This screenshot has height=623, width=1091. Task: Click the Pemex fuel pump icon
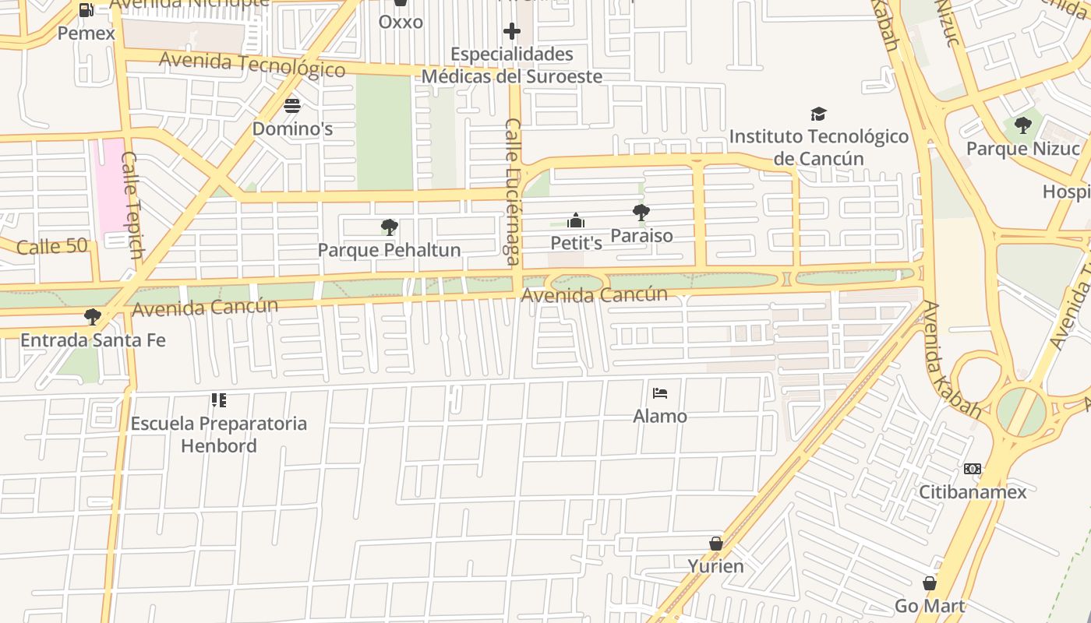87,10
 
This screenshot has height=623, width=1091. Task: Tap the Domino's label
292,128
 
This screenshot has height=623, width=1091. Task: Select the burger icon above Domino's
292,105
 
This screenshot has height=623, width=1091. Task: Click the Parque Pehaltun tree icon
389,227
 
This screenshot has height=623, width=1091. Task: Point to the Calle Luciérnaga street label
513,192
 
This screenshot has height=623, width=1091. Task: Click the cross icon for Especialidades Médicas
511,31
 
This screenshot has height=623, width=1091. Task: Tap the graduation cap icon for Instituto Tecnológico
817,114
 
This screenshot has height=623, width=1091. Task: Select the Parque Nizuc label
1022,149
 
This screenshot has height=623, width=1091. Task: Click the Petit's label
576,243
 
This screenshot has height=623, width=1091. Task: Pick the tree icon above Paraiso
641,212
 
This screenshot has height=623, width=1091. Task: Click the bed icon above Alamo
660,392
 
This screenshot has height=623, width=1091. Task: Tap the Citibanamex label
972,492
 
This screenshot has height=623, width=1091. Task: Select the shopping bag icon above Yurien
715,544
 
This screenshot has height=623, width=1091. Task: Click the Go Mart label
929,606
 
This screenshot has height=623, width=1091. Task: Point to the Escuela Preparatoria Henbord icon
218,400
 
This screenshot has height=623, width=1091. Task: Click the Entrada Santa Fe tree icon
92,316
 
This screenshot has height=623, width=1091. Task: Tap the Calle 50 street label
51,247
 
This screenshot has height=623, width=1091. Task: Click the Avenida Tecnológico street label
252,64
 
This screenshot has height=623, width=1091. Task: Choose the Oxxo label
401,22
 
